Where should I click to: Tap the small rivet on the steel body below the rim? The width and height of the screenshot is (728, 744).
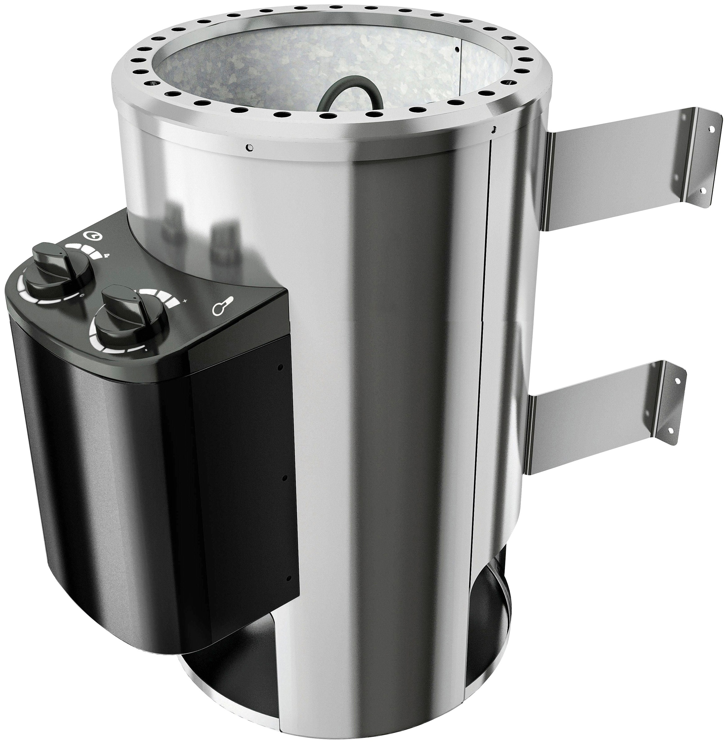[249, 146]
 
